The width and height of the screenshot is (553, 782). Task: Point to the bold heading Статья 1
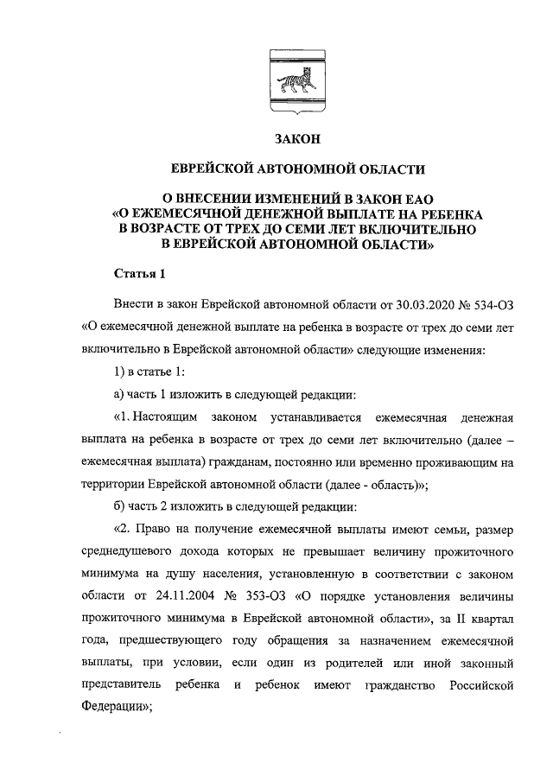[x=139, y=275]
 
